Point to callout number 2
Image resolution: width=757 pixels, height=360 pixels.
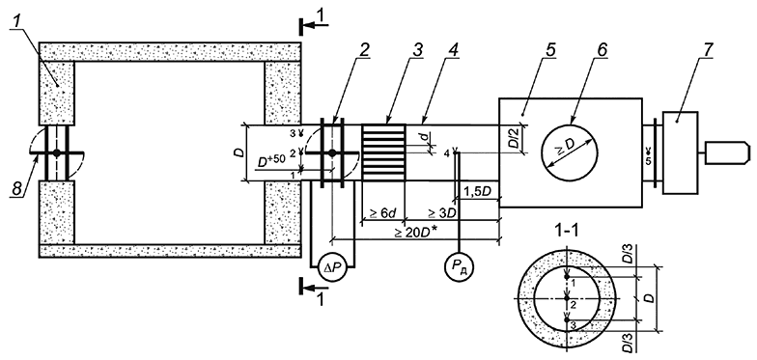click(x=362, y=50)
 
